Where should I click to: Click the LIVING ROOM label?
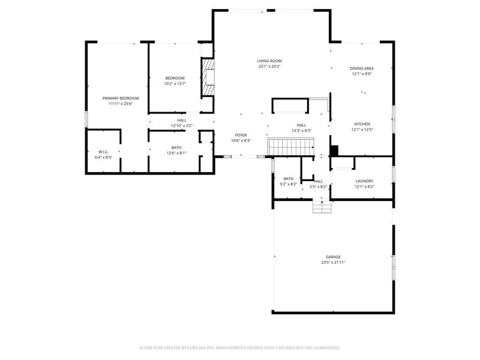coord(269,61)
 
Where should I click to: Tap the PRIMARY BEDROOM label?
coord(121,98)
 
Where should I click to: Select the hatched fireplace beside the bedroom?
coord(208,77)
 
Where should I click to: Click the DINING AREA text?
coord(362,68)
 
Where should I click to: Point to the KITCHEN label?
coord(362,124)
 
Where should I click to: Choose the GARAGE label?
coord(333,257)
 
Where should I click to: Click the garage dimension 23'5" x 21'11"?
coord(333,262)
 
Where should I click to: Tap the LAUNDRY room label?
coord(364,181)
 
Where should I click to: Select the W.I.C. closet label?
coord(103,152)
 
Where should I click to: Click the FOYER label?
coord(241,135)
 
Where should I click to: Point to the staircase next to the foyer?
coord(291,147)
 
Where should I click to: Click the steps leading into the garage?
coord(322,206)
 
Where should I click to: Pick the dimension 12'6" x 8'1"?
coord(176,153)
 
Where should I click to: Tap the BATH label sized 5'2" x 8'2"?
coord(289,178)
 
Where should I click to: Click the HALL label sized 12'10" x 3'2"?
coord(182,121)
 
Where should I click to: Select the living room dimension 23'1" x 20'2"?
coord(269,67)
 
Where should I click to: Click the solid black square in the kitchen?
coord(334,151)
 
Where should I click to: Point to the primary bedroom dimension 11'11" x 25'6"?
coord(121,104)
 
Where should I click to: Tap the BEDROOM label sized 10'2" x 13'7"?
coord(175,78)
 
